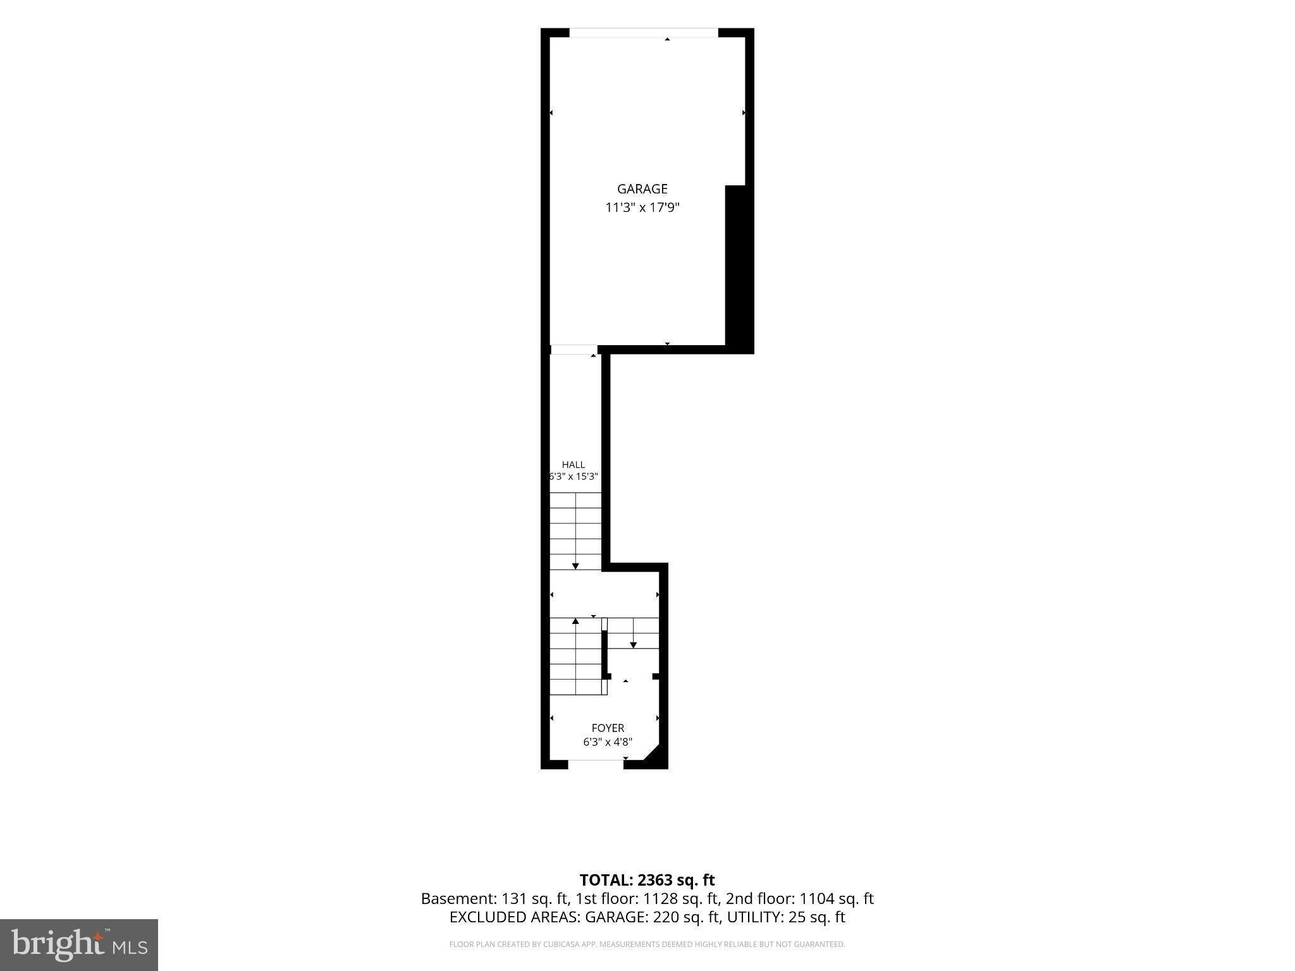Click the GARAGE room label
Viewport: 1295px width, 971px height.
(x=642, y=188)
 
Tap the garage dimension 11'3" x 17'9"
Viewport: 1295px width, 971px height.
(x=642, y=207)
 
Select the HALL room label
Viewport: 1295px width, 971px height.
(x=574, y=465)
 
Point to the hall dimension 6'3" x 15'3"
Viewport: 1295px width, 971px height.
(x=574, y=477)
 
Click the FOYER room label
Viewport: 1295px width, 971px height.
(x=608, y=728)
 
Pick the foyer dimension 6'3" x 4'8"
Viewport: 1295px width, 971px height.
(x=608, y=742)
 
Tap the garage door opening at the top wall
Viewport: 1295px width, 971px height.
(x=644, y=33)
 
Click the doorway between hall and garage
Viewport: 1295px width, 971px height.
(x=574, y=350)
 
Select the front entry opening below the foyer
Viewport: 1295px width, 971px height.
(x=596, y=764)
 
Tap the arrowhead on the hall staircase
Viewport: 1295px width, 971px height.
(x=575, y=566)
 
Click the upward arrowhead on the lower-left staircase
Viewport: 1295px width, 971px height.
(x=575, y=621)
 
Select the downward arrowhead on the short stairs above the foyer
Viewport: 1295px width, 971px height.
(x=633, y=645)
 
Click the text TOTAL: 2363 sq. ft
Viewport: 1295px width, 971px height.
(x=647, y=880)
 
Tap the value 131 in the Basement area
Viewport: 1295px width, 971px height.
(x=512, y=898)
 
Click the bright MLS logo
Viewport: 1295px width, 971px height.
(x=79, y=945)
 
